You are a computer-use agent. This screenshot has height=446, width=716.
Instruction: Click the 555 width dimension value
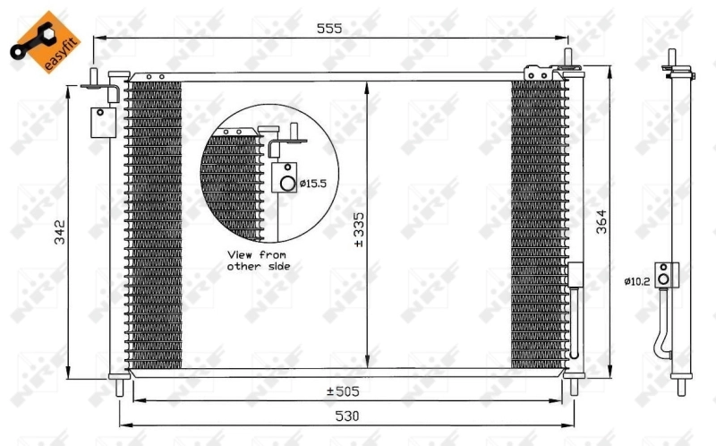[x=330, y=29]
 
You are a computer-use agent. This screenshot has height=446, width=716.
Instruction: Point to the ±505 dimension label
[x=343, y=391]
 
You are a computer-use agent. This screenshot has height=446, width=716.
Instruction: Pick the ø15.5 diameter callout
[x=312, y=184]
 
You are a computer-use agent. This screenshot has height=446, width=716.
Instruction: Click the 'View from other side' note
[x=258, y=260]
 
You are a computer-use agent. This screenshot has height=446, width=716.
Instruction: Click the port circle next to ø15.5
[x=286, y=184]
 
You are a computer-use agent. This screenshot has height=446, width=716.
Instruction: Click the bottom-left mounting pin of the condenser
[x=119, y=387]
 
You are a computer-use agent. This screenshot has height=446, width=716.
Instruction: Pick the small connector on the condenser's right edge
[x=575, y=275]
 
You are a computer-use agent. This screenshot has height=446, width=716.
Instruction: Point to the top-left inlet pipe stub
[x=93, y=74]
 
